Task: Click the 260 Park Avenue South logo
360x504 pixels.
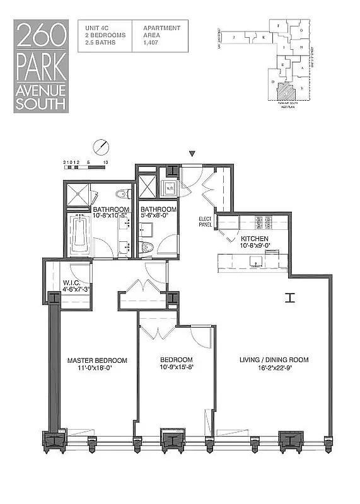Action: (41, 66)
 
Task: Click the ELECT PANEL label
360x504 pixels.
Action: (203, 222)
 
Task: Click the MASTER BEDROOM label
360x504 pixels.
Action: (97, 360)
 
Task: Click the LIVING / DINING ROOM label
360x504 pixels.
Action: (274, 360)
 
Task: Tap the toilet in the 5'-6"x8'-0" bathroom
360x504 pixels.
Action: (147, 247)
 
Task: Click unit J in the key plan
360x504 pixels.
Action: (235, 38)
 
